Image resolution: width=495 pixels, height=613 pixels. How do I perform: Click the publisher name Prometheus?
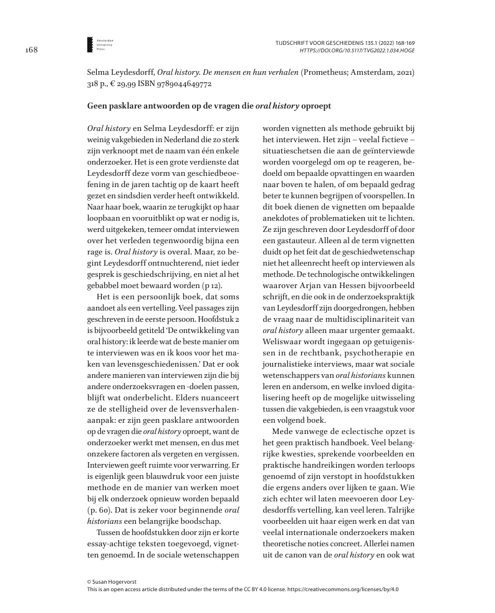pos(330,72)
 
